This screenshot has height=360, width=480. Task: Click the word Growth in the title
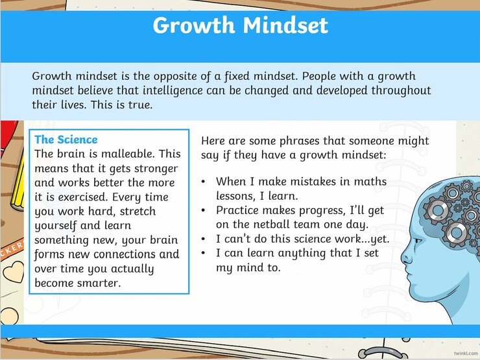193,25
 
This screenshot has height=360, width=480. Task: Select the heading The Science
66,139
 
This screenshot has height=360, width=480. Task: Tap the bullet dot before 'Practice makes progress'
204,210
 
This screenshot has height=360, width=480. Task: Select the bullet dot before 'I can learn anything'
204,253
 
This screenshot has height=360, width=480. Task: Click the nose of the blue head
405,259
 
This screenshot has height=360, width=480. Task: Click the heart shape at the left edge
12,272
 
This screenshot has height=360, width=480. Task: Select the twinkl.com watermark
466,354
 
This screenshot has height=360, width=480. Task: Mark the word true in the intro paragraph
140,104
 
